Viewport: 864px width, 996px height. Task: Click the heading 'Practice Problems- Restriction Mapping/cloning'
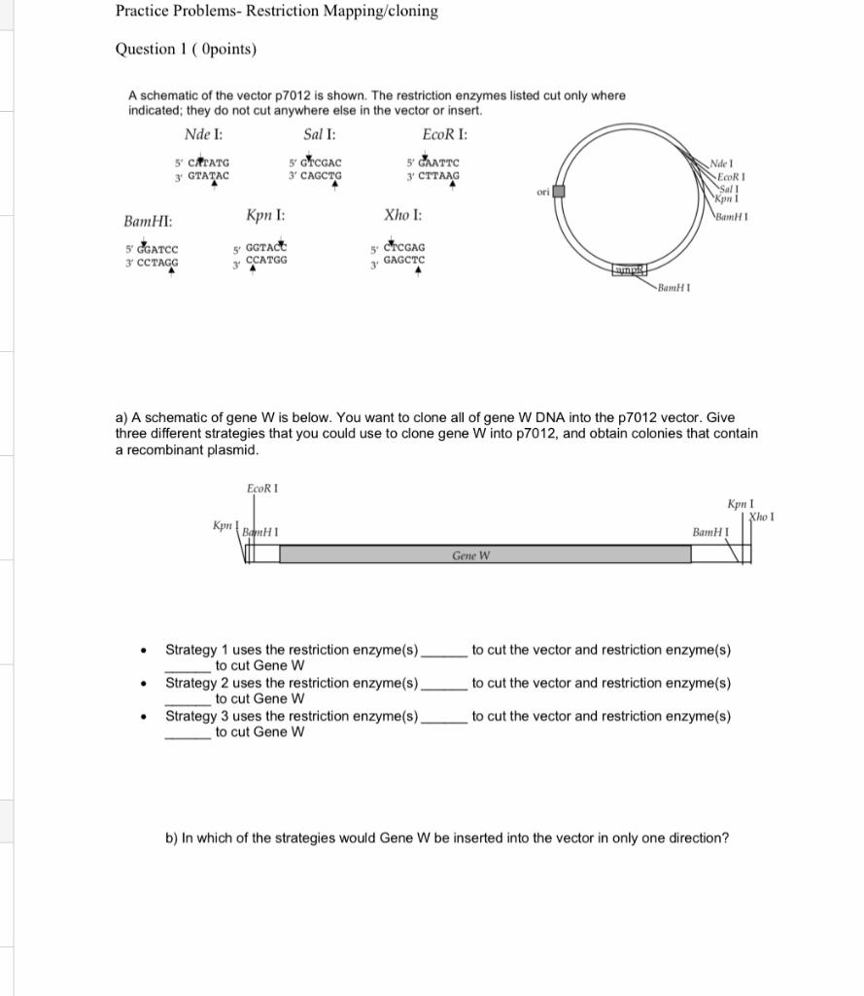click(x=276, y=12)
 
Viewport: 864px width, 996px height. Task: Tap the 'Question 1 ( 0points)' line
click(x=186, y=49)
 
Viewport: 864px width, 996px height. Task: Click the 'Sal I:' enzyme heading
click(x=320, y=134)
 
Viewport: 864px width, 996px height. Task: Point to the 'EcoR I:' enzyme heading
click(x=445, y=134)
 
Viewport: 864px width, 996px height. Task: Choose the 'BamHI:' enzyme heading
click(x=149, y=223)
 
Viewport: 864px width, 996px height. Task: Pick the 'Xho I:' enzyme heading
click(x=402, y=214)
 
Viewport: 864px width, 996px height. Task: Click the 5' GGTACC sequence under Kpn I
click(x=260, y=249)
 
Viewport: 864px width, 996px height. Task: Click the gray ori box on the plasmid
click(x=559, y=192)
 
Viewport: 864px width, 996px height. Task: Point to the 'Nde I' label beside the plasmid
click(x=722, y=162)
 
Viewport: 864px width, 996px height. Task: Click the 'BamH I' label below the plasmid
click(x=674, y=288)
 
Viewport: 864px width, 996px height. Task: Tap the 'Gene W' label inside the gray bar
click(x=470, y=555)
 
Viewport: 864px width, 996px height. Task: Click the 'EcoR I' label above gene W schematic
click(x=262, y=487)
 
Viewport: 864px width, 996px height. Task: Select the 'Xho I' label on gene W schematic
click(x=761, y=516)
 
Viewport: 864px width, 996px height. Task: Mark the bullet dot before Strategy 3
click(x=144, y=718)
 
